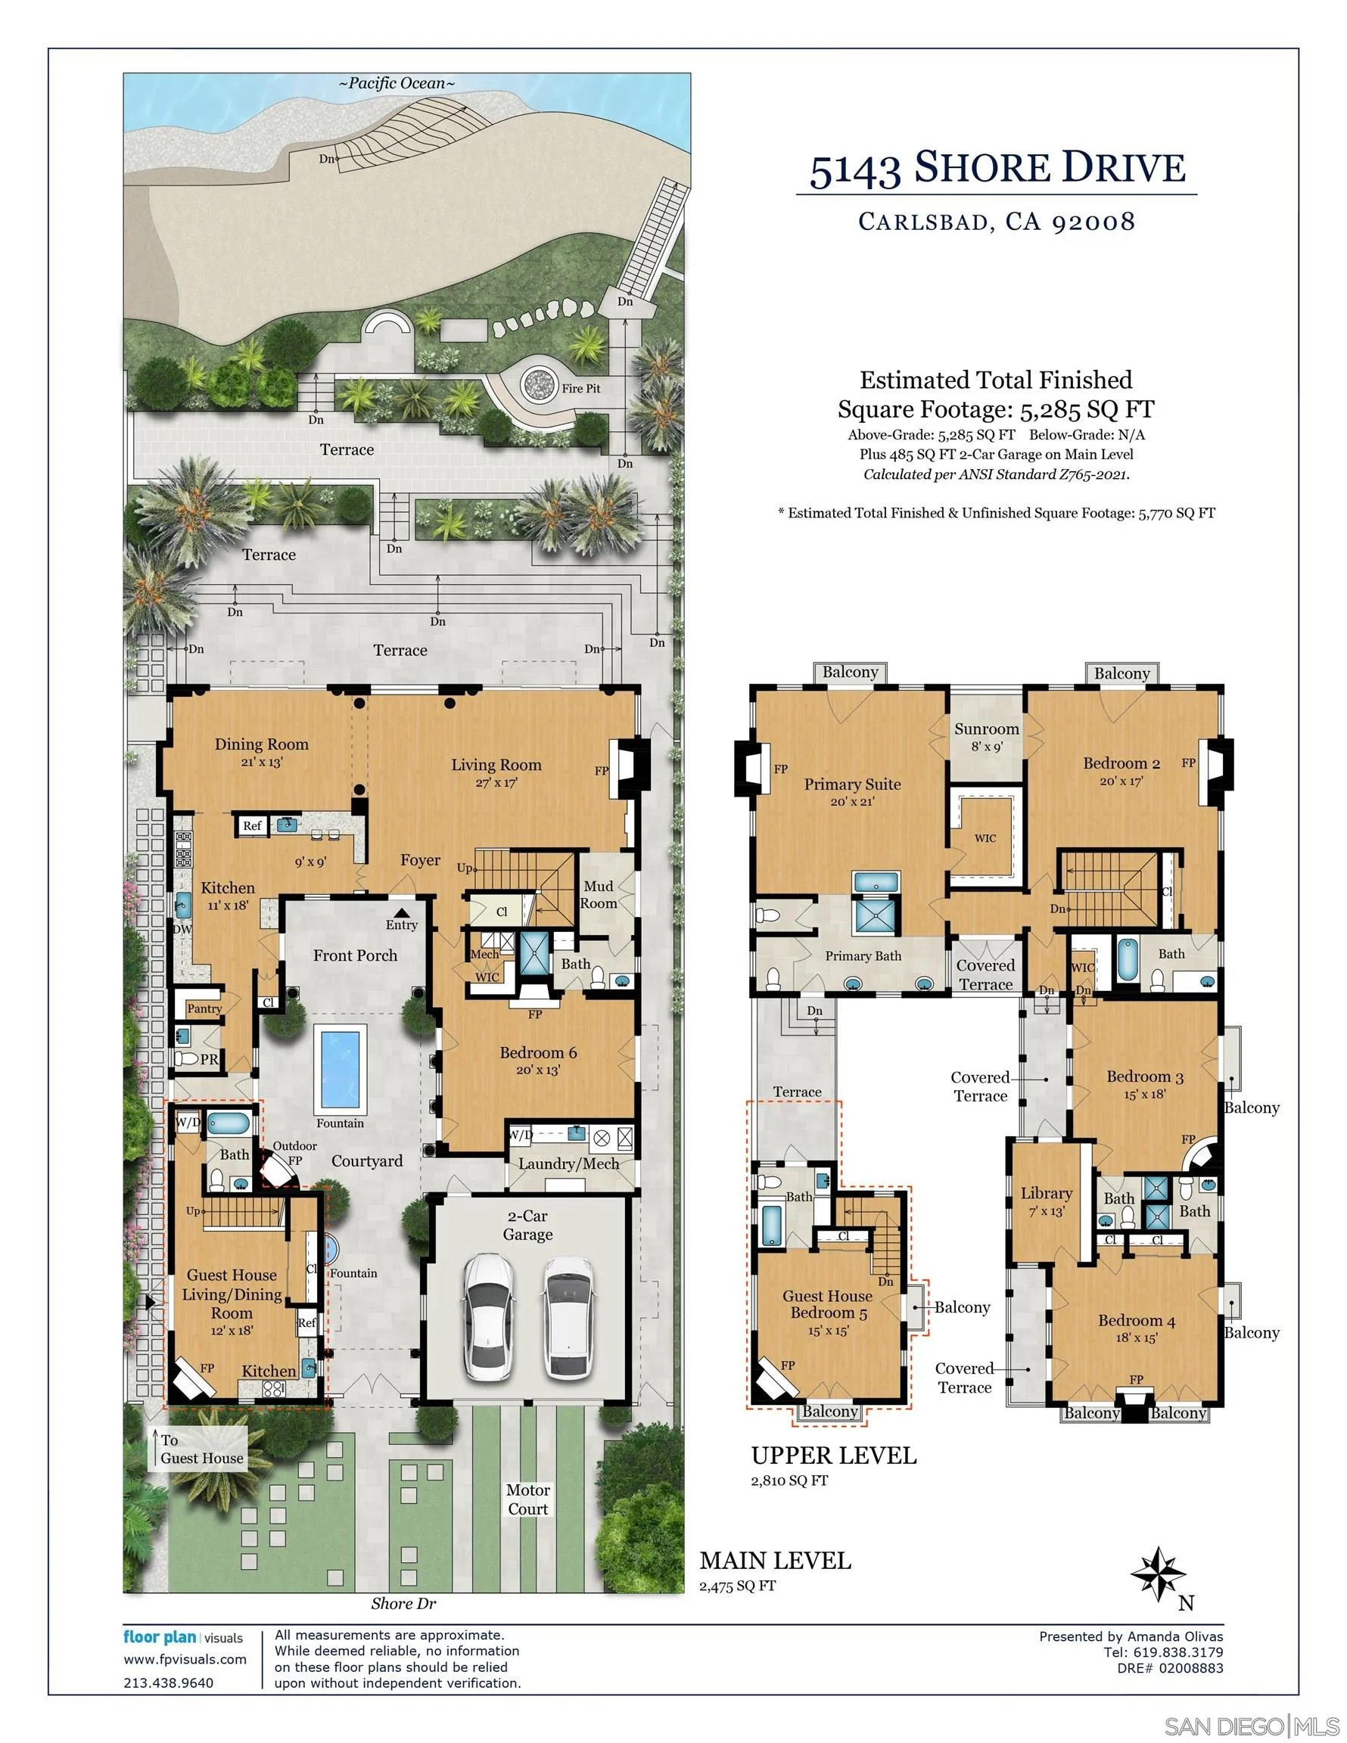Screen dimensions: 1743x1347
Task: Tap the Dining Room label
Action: (x=261, y=744)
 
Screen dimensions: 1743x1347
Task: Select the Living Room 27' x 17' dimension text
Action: (x=496, y=783)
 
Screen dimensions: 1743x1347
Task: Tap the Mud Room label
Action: (x=598, y=894)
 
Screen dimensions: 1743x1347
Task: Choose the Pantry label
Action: (x=204, y=1008)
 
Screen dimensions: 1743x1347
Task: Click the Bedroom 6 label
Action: (x=538, y=1052)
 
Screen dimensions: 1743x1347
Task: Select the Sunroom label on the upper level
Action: (x=986, y=729)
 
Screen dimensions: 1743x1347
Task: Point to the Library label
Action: (x=1046, y=1193)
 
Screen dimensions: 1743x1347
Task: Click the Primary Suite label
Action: (x=852, y=784)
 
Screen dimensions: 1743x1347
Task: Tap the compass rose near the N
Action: (x=1158, y=1573)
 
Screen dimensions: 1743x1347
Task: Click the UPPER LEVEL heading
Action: (x=834, y=1455)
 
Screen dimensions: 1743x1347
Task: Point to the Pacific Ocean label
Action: (x=397, y=83)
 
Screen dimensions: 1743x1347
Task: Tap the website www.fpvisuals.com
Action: (x=185, y=1658)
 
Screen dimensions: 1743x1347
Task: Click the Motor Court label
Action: (x=527, y=1499)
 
